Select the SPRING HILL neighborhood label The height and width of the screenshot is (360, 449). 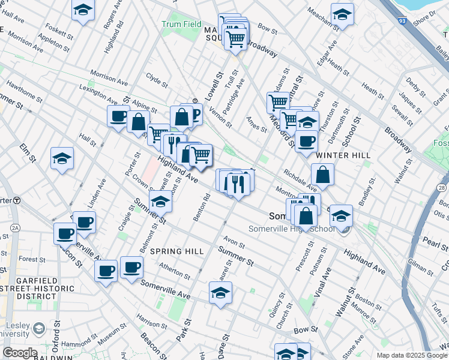[177, 251]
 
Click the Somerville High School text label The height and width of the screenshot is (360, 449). [292, 229]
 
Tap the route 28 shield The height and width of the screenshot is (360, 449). [442, 188]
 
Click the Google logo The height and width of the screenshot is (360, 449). [19, 353]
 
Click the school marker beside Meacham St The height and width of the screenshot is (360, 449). [342, 14]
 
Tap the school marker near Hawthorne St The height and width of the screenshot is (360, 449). [62, 158]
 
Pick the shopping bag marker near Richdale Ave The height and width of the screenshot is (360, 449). [322, 175]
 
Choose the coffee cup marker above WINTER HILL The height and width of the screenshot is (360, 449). [306, 142]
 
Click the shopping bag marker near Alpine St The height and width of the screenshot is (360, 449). [138, 122]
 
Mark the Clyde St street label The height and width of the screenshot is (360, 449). [157, 79]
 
